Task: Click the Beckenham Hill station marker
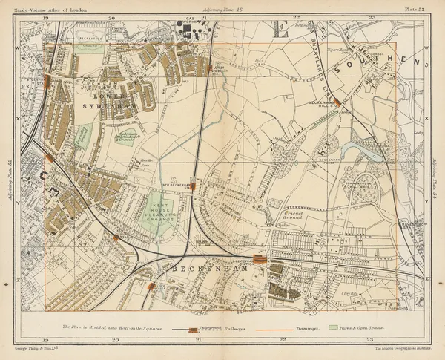tap(337, 104)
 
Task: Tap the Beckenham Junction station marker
tap(260, 259)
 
